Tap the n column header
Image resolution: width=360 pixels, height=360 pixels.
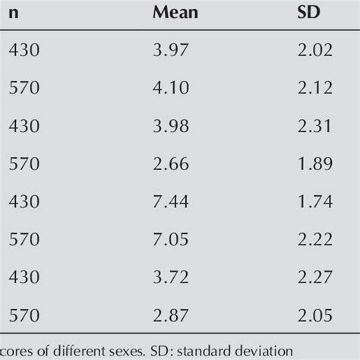(x=14, y=13)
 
